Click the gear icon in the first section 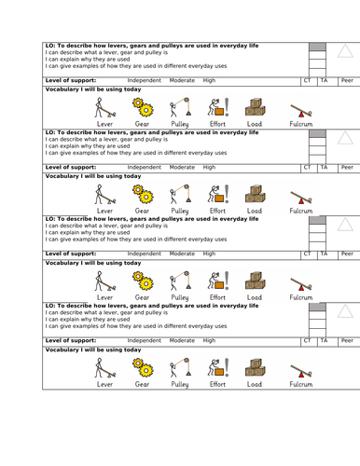[143, 107]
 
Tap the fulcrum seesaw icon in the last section [301, 371]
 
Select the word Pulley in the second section [180, 211]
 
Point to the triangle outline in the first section [345, 51]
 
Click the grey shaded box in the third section [317, 220]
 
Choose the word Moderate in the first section [182, 80]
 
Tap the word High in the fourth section [209, 340]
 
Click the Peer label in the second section [347, 167]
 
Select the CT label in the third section [307, 254]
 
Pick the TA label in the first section [324, 80]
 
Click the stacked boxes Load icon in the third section [256, 281]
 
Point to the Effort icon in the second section [218, 194]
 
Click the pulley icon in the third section [180, 281]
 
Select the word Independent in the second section [145, 167]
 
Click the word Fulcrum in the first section [301, 124]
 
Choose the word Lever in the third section [104, 297]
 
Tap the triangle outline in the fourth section [345, 311]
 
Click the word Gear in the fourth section [142, 384]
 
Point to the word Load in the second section [255, 211]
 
